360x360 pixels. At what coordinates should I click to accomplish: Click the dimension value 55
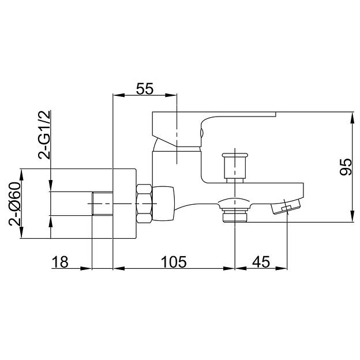coord(145,89)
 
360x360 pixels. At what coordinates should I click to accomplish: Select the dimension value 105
coord(174,262)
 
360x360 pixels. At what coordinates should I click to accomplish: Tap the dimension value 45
coord(261,262)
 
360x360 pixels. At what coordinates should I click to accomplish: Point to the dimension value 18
coord(60,262)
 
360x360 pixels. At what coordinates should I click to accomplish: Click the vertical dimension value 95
coord(346,167)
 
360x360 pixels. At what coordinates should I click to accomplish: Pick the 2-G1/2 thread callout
coord(44,135)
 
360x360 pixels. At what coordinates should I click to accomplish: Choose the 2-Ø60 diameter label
coord(14,204)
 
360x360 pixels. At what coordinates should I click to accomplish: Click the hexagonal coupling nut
coord(144,204)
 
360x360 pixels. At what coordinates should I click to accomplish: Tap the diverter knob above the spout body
coord(235,168)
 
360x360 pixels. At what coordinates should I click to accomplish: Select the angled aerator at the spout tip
coord(286,206)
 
